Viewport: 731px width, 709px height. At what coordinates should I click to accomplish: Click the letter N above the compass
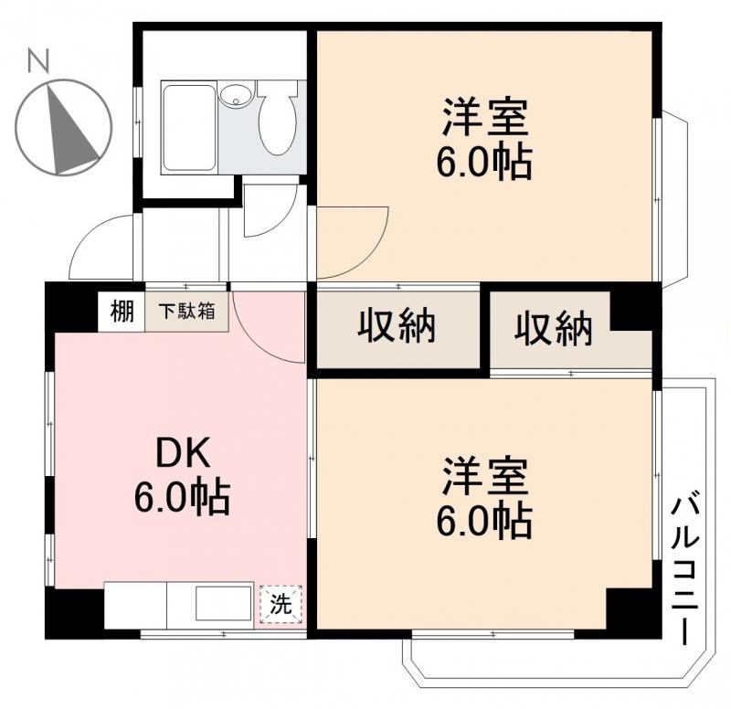[37, 62]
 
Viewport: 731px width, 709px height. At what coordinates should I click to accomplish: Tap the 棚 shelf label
[122, 311]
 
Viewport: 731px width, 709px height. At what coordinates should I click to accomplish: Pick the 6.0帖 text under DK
[182, 497]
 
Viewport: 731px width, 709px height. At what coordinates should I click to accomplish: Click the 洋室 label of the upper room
[483, 119]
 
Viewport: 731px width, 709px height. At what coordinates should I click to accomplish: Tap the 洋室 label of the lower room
[483, 477]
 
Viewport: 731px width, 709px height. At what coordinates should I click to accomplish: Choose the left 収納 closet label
[396, 327]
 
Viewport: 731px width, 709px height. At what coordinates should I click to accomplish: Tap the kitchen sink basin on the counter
[223, 605]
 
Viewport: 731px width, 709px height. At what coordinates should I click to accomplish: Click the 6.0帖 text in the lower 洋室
[483, 521]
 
